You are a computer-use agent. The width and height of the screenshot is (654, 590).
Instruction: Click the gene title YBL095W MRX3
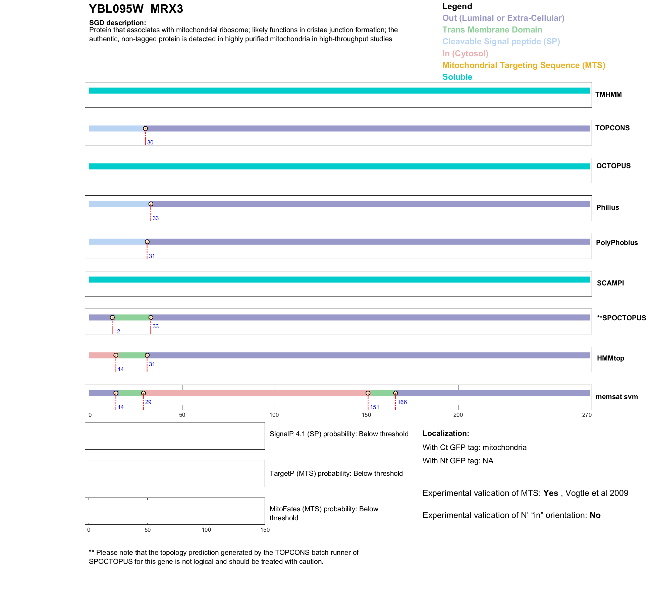pos(136,9)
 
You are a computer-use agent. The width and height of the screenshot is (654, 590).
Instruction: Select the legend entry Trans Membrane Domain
pos(492,30)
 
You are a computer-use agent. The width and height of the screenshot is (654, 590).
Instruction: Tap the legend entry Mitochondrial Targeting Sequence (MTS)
pos(524,65)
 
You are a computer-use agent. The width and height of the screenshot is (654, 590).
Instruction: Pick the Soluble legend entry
pos(457,77)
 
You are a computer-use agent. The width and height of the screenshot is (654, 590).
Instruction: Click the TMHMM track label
pos(608,94)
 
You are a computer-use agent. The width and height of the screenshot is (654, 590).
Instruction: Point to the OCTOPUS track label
pos(613,166)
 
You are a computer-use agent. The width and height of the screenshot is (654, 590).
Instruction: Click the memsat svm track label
pos(616,397)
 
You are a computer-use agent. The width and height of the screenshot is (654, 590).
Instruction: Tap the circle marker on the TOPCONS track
pos(145,129)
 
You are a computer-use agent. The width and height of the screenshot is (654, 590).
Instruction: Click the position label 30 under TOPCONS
pos(150,142)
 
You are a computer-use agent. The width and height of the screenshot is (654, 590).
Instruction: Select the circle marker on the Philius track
pos(151,204)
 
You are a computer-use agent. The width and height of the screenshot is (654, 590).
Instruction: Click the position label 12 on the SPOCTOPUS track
pos(117,331)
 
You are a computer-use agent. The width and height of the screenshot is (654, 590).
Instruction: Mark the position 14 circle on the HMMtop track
pos(116,355)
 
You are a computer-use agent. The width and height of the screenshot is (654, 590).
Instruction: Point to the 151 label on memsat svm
pos(375,407)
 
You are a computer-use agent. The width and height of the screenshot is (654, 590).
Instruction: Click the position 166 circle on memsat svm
pos(396,393)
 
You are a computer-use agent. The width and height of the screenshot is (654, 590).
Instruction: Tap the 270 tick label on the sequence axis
pos(587,415)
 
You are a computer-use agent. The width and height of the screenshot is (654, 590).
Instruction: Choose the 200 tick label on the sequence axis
pos(458,415)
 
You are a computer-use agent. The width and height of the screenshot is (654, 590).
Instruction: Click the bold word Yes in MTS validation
pos(551,493)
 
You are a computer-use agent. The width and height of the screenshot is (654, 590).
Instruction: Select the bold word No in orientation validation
pos(595,515)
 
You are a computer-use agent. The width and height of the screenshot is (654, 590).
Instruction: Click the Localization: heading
pos(446,434)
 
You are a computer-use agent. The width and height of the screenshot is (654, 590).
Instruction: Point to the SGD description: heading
pos(117,23)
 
